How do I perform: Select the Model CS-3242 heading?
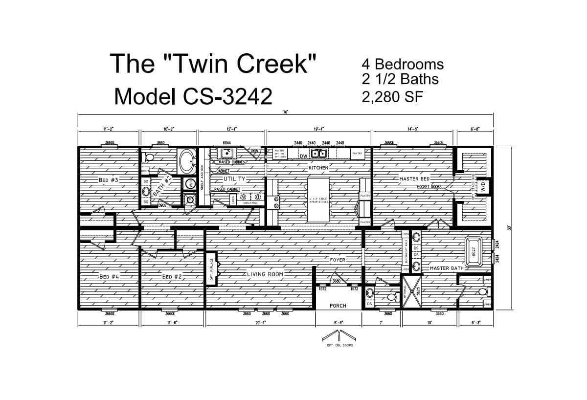pyautogui.click(x=193, y=96)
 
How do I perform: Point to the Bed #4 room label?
pyautogui.click(x=109, y=276)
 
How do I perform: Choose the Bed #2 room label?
pyautogui.click(x=172, y=276)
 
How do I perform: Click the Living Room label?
pyautogui.click(x=265, y=274)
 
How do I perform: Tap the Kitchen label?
pyautogui.click(x=318, y=168)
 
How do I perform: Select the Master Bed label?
pyautogui.click(x=414, y=179)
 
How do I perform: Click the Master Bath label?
pyautogui.click(x=446, y=268)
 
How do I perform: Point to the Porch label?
pyautogui.click(x=338, y=306)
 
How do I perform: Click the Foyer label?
pyautogui.click(x=338, y=260)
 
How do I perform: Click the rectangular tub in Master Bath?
pyautogui.click(x=474, y=251)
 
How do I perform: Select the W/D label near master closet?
pyautogui.click(x=482, y=186)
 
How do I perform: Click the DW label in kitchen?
pyautogui.click(x=303, y=156)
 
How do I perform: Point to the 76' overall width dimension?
pyautogui.click(x=285, y=112)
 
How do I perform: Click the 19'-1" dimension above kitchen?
pyautogui.click(x=319, y=129)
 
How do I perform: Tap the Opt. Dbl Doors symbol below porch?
pyautogui.click(x=338, y=337)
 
